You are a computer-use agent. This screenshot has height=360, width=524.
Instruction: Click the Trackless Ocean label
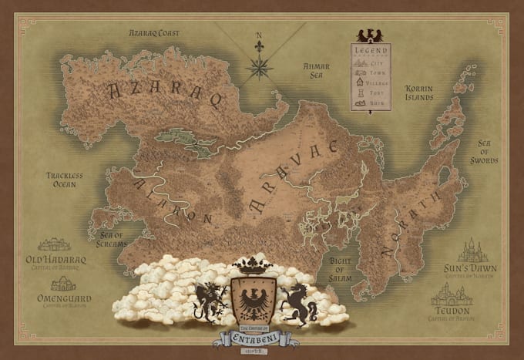tap(64, 180)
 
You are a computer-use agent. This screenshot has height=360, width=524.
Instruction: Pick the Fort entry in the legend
tap(371, 92)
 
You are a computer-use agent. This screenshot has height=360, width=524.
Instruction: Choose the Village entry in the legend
tap(371, 81)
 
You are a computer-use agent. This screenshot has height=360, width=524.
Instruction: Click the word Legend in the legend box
tap(371, 50)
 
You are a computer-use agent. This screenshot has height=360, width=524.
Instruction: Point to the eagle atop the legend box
tap(371, 35)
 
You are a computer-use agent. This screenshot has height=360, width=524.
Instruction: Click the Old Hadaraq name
tap(55, 261)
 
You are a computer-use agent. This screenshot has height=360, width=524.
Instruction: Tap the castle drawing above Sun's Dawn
tap(472, 251)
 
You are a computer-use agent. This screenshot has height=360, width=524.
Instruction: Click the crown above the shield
tap(254, 265)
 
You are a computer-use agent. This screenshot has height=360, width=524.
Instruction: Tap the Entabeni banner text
tap(254, 338)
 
